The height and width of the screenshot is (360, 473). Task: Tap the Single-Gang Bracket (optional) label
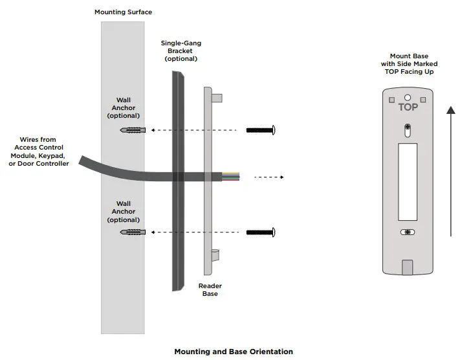[x=181, y=51]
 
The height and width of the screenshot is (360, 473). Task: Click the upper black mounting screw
[x=261, y=130]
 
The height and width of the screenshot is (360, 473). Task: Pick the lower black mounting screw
[x=261, y=232]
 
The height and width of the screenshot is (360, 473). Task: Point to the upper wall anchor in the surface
[x=131, y=130]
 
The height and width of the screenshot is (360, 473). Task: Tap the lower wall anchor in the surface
[x=131, y=232]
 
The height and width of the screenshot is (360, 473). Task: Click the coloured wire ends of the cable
[x=231, y=176]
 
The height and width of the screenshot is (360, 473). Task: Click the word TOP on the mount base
[x=408, y=107]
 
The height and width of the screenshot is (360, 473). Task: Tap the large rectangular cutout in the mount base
[x=407, y=182]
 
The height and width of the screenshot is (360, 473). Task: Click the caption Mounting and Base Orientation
[x=234, y=352]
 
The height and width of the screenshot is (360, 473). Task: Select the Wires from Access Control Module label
[x=39, y=152]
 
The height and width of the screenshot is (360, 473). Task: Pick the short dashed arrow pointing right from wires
[x=269, y=176]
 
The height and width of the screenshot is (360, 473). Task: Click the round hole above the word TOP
[x=408, y=98]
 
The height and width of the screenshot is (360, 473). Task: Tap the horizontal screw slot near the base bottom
[x=407, y=232]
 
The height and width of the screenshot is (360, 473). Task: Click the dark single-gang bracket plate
[x=178, y=181]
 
